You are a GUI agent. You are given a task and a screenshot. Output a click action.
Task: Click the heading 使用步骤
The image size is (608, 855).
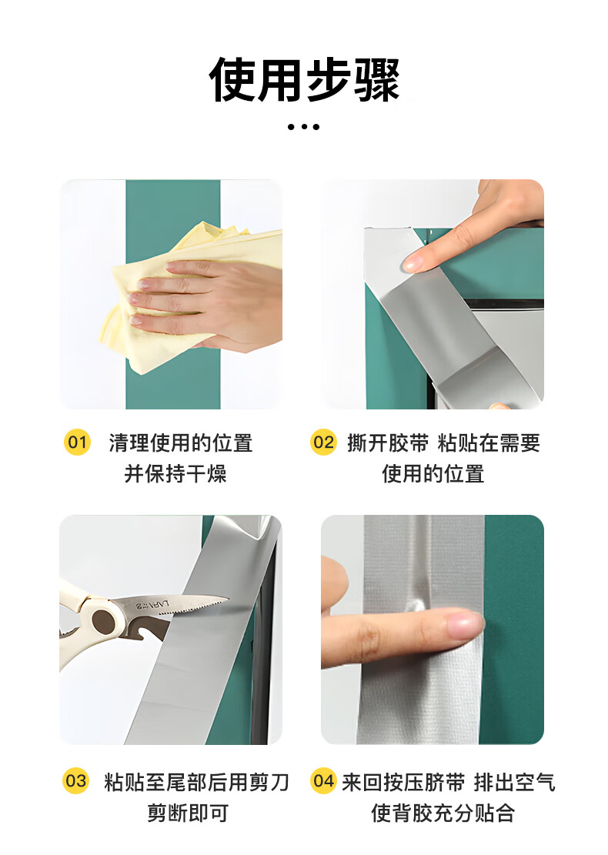304,79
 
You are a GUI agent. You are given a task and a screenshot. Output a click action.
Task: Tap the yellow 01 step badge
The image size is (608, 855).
77,442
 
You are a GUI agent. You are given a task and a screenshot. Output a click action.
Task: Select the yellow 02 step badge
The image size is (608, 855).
323,442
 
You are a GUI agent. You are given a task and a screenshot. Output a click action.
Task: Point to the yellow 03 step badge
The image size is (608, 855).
75,780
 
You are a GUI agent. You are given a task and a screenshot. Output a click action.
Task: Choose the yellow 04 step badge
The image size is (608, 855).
323,780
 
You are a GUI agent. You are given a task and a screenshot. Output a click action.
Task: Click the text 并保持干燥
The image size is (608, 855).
175,473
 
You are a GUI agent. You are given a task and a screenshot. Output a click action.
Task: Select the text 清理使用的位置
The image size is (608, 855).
181,443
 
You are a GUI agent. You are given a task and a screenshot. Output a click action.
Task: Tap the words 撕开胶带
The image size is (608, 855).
388,443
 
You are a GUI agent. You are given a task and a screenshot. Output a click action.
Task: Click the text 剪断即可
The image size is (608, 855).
188,813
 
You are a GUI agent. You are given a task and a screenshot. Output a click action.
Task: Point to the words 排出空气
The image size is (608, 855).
514,782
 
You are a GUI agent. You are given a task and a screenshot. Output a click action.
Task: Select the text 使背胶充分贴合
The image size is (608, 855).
443,813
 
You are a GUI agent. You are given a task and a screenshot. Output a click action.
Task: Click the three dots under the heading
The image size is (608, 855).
304,127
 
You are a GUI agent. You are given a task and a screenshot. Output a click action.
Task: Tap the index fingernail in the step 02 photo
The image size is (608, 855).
412,265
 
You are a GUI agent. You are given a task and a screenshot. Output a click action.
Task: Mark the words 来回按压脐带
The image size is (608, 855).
403,782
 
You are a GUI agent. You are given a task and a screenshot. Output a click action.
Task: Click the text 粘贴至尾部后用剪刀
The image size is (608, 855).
196,782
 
